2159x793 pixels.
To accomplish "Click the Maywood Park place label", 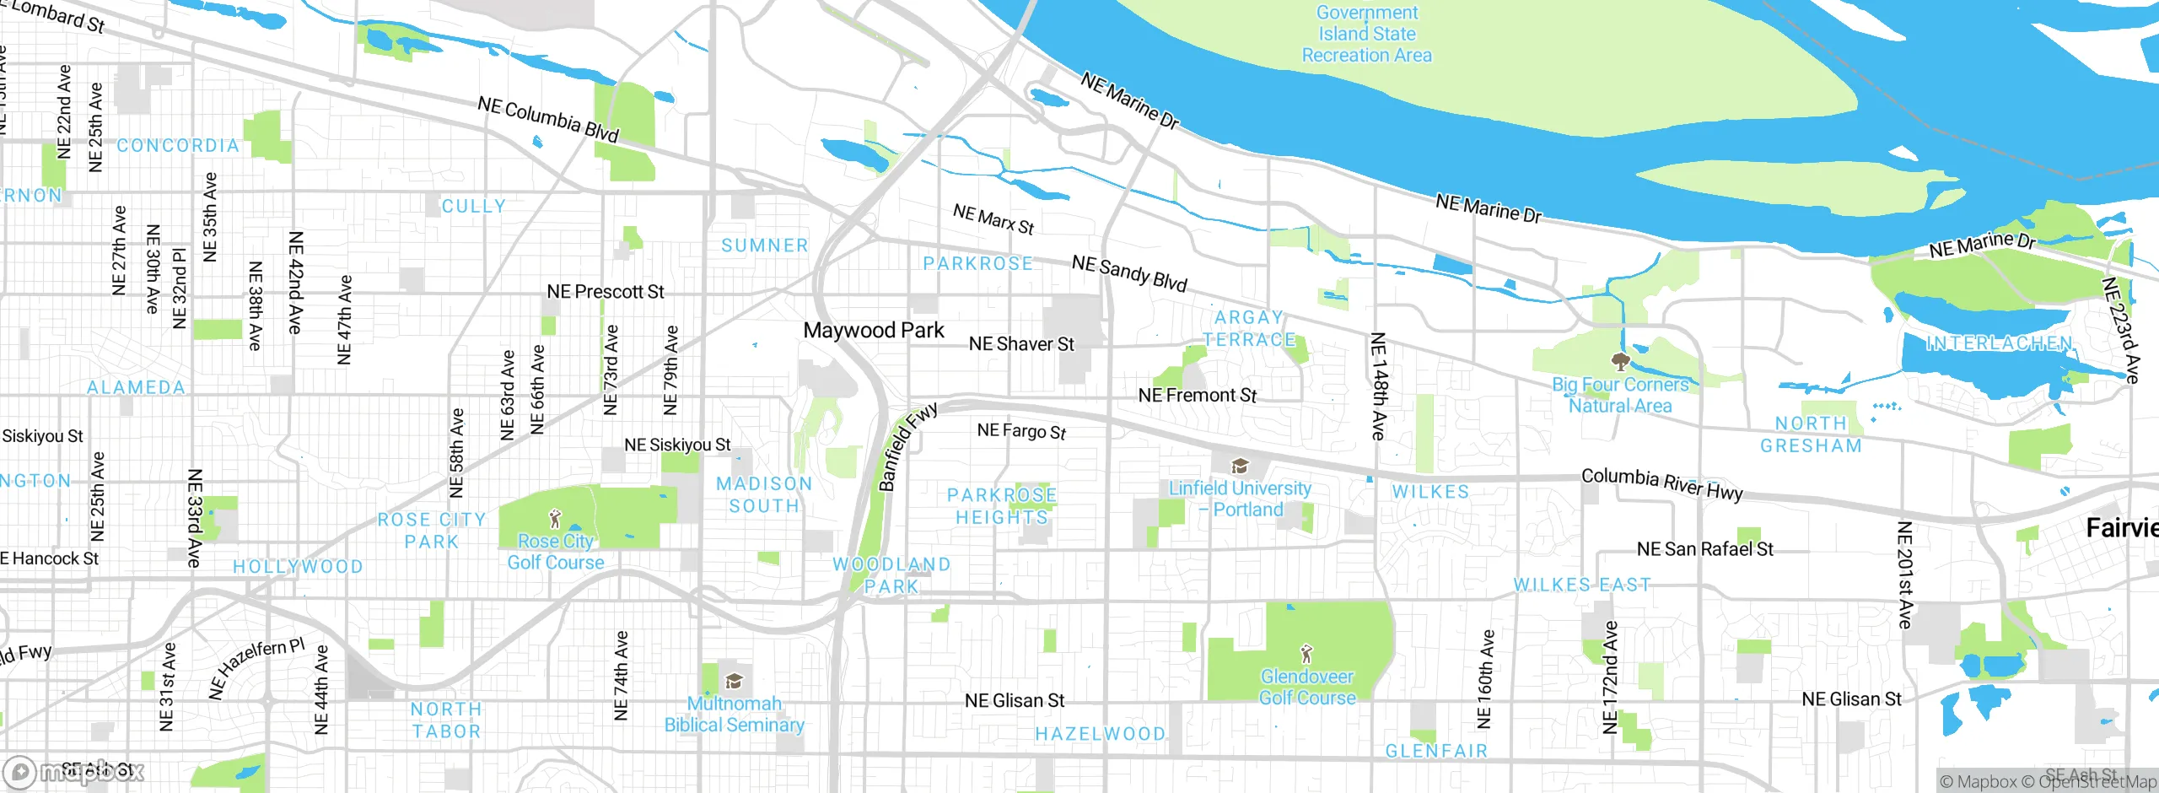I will [x=873, y=330].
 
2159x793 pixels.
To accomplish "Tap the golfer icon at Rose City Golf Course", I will [x=554, y=518].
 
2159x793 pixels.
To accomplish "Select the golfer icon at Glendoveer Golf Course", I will [x=1306, y=653].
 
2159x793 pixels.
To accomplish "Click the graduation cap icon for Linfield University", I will [x=1239, y=466].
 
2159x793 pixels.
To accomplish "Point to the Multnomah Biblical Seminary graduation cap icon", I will [x=734, y=681].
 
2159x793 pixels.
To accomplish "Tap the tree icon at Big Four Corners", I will [x=1619, y=362].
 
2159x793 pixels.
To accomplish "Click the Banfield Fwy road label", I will [x=907, y=446].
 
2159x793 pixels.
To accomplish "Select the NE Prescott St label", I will [x=605, y=292].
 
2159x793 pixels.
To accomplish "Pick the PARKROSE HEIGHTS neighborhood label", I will [x=1001, y=506].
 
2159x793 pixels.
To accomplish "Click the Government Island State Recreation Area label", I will [x=1366, y=34].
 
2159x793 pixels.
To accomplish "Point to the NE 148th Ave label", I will [x=1377, y=386].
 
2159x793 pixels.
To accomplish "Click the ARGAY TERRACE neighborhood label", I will [x=1249, y=328].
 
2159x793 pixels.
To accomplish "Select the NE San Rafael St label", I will [x=1704, y=549].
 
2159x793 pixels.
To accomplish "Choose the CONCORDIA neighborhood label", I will [x=178, y=146].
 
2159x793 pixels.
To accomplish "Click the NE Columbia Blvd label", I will [x=548, y=119].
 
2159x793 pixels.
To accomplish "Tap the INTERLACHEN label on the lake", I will [x=1999, y=343].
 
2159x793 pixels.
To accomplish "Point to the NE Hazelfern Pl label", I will [x=256, y=667].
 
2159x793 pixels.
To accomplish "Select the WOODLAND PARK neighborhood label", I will [x=891, y=575].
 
